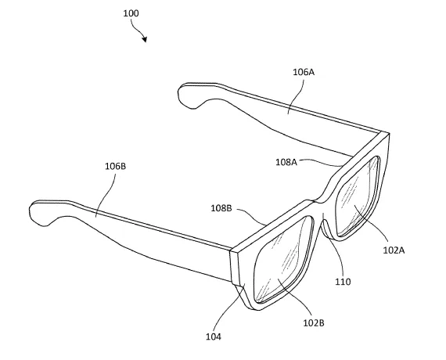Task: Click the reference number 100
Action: [131, 13]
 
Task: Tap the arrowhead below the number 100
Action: [145, 39]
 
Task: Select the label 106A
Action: [304, 72]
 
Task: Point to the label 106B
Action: [116, 167]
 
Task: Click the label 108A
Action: [286, 162]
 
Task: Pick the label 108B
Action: [221, 208]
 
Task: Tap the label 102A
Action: [394, 250]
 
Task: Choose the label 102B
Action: [314, 323]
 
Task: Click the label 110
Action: [343, 282]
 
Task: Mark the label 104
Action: [214, 337]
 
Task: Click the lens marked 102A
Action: [358, 197]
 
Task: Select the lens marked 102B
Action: [283, 260]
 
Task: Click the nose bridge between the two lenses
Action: [322, 216]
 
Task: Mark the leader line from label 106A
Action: [296, 96]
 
